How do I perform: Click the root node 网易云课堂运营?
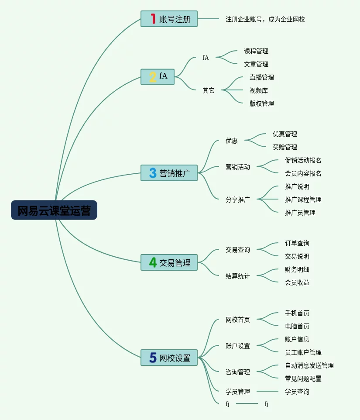pyautogui.click(x=54, y=210)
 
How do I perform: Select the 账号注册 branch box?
pyautogui.click(x=169, y=19)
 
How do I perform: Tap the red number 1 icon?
pyautogui.click(x=153, y=19)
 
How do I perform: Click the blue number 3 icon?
pyautogui.click(x=153, y=173)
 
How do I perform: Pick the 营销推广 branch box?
pyautogui.click(x=169, y=173)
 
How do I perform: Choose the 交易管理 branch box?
pyautogui.click(x=169, y=262)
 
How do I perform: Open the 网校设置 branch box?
pyautogui.click(x=169, y=358)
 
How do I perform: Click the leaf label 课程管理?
pyautogui.click(x=256, y=51)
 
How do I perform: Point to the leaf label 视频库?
pyautogui.click(x=259, y=90)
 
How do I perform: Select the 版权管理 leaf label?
pyautogui.click(x=262, y=103)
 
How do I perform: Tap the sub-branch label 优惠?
pyautogui.click(x=232, y=141)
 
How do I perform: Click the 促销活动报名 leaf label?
pyautogui.click(x=303, y=160)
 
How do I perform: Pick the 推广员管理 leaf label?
pyautogui.click(x=300, y=213)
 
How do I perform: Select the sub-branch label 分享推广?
pyautogui.click(x=238, y=200)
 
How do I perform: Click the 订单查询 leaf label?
pyautogui.click(x=297, y=243)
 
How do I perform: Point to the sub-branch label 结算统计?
pyautogui.click(x=238, y=276)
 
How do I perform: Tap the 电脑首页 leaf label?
pyautogui.click(x=297, y=326)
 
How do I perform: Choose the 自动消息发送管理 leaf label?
pyautogui.click(x=309, y=365)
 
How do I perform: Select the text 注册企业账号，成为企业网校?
pyautogui.click(x=265, y=19)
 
